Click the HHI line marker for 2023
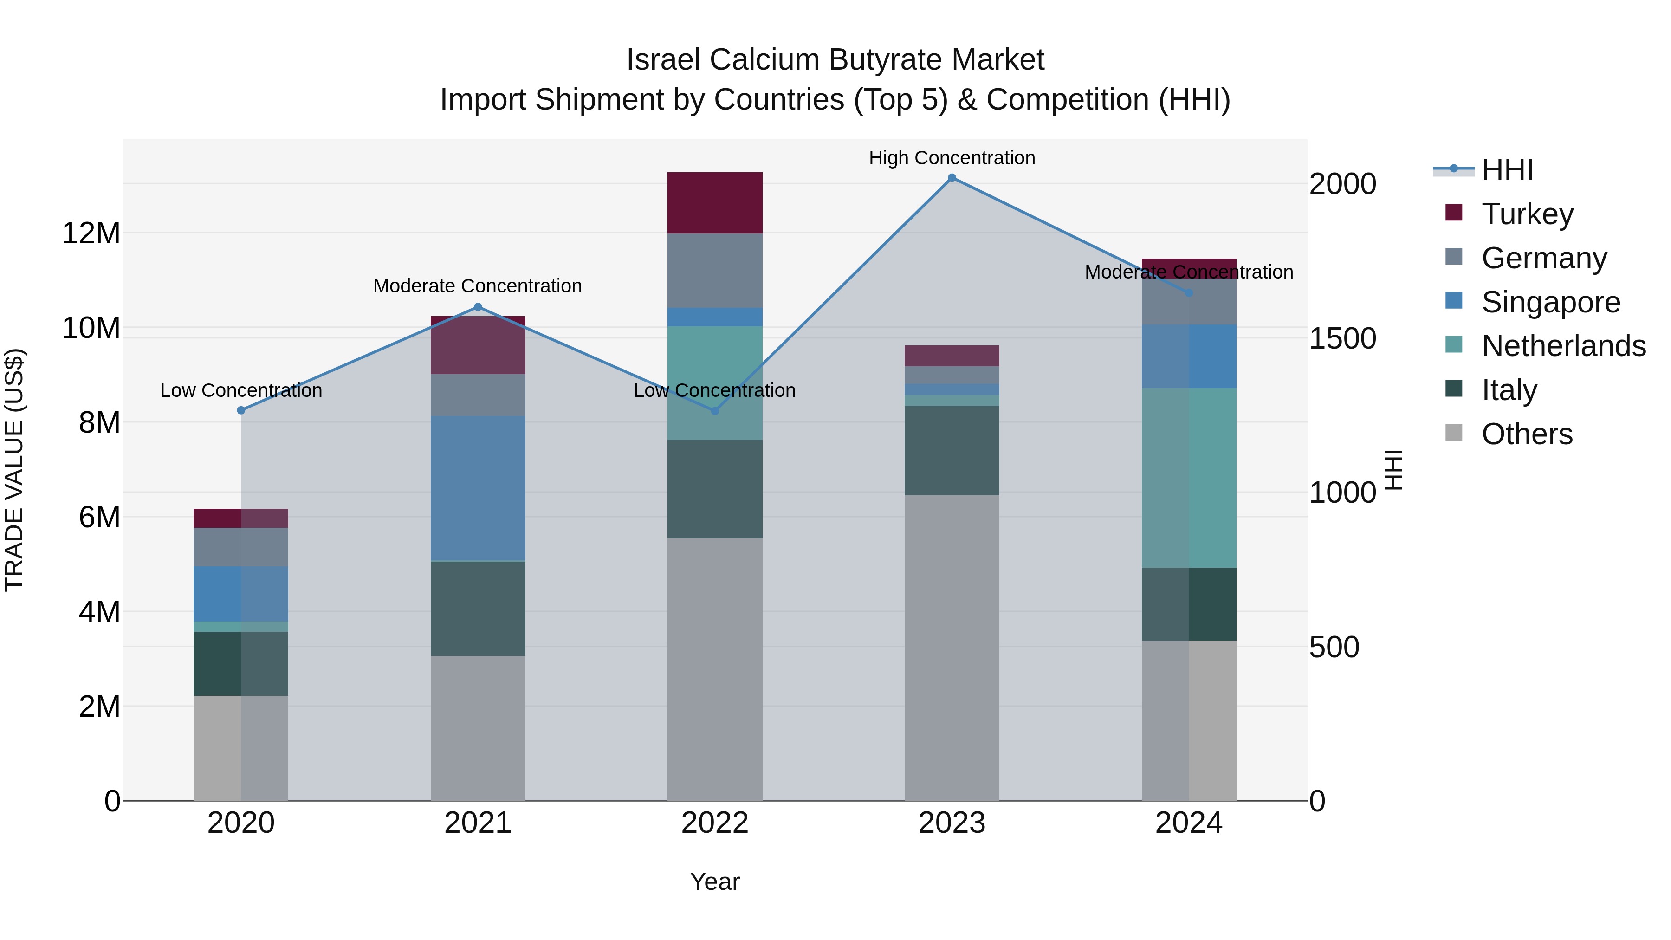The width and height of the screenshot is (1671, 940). [952, 178]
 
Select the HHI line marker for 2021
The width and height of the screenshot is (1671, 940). [478, 307]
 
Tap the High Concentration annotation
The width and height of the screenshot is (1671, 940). [952, 158]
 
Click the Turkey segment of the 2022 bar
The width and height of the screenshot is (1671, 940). [715, 202]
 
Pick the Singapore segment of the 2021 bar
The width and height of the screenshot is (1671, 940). [478, 488]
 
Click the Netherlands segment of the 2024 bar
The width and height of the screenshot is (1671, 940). [1189, 478]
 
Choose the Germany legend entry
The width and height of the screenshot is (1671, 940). [1544, 258]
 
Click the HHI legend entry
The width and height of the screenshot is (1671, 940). [1506, 170]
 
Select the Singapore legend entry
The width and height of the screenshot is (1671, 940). [1550, 302]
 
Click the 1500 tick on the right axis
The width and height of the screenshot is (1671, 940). [1342, 338]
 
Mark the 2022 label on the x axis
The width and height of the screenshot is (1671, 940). [715, 823]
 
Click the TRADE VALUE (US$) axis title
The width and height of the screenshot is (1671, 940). [14, 470]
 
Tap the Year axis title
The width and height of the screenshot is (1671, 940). [715, 882]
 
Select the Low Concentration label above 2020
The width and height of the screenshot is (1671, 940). [240, 390]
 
